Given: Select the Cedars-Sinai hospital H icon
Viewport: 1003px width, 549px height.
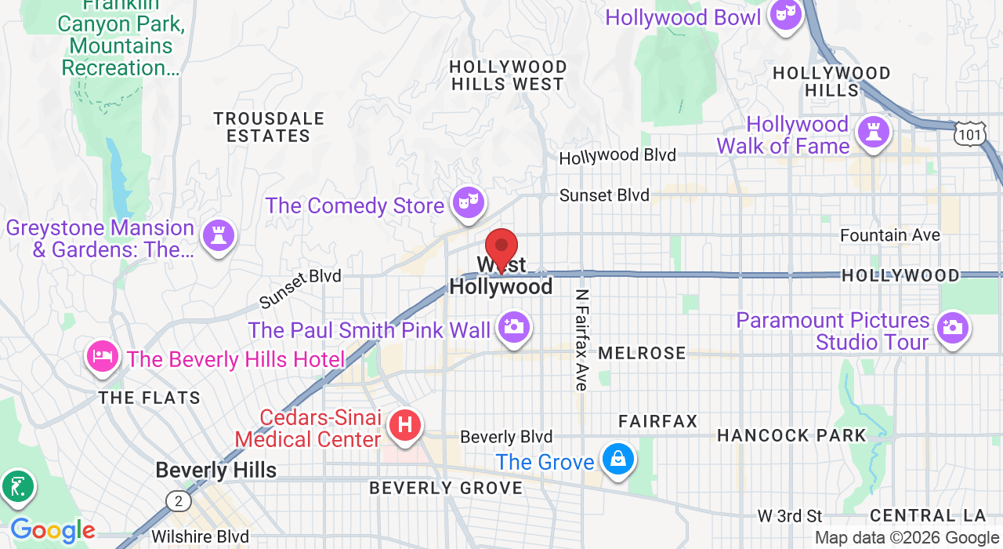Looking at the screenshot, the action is [404, 426].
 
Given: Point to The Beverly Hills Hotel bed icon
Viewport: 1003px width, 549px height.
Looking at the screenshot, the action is [103, 357].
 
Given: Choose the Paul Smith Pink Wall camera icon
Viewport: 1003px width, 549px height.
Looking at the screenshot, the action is [513, 328].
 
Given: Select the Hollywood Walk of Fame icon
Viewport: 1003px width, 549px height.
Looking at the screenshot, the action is [874, 132].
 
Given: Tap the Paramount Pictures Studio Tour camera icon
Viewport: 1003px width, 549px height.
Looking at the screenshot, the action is [952, 328].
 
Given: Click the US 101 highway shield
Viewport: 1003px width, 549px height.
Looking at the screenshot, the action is [969, 134].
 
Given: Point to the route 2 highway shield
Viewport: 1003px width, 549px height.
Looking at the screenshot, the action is [178, 500].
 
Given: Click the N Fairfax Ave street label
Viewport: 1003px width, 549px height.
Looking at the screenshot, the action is [581, 340].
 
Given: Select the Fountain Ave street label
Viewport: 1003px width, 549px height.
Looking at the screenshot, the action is [889, 235].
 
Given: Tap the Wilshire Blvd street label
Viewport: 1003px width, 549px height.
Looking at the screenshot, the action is [200, 537].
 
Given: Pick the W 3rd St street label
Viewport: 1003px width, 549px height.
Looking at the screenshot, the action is [790, 516].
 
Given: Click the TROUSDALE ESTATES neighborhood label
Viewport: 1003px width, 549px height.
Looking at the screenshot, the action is [269, 127].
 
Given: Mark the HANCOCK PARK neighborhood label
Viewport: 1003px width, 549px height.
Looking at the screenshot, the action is [791, 435].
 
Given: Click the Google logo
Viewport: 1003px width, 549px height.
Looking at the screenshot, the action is [53, 532].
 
